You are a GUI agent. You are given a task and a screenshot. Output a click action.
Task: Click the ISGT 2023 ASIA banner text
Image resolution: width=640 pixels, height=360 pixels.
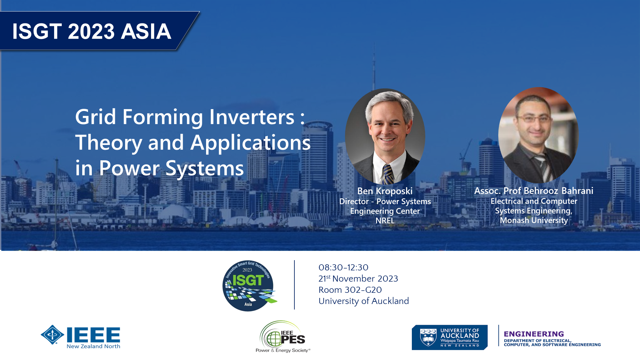pyautogui.click(x=92, y=31)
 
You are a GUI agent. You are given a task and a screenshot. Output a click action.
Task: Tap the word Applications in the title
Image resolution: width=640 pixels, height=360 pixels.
pyautogui.click(x=251, y=143)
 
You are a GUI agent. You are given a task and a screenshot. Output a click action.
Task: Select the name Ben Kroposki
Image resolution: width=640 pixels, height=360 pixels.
pyautogui.click(x=385, y=191)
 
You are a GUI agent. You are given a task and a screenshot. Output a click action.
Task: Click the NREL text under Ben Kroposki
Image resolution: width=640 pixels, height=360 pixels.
pyautogui.click(x=385, y=220)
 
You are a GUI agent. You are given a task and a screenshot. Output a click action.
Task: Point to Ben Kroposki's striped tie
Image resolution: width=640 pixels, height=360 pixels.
pyautogui.click(x=388, y=174)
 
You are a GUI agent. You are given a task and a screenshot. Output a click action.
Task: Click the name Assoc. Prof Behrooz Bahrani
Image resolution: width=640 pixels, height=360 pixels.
pyautogui.click(x=534, y=191)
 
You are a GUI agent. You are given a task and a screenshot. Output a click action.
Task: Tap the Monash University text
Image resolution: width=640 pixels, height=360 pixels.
pyautogui.click(x=534, y=220)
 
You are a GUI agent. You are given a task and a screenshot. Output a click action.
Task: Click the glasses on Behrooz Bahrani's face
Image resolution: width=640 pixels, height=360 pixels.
pyautogui.click(x=534, y=119)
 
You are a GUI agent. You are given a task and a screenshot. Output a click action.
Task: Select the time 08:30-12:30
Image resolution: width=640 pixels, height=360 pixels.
pyautogui.click(x=343, y=267)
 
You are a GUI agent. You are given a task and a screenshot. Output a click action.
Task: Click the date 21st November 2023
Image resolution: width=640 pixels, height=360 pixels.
pyautogui.click(x=358, y=278)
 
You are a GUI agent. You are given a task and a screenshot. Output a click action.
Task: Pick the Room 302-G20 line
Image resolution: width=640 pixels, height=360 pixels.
pyautogui.click(x=350, y=290)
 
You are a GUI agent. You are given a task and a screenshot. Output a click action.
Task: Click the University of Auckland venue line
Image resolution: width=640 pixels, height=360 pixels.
pyautogui.click(x=364, y=301)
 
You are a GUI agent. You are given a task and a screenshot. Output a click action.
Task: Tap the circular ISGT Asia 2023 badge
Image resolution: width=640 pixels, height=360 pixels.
pyautogui.click(x=248, y=285)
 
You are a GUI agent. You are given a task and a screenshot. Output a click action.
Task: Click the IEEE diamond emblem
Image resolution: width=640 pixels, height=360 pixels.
pyautogui.click(x=52, y=335)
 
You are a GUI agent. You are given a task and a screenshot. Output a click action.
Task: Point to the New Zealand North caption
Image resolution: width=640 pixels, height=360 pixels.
pyautogui.click(x=93, y=346)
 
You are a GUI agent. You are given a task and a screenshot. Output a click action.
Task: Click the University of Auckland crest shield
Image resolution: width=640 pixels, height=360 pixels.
pyautogui.click(x=428, y=337)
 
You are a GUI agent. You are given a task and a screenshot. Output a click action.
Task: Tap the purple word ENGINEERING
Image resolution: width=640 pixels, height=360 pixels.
pyautogui.click(x=534, y=334)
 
